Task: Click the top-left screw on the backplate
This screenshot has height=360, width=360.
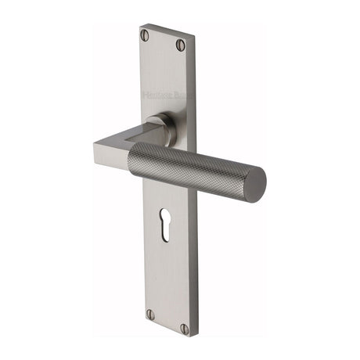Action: pyautogui.click(x=144, y=34)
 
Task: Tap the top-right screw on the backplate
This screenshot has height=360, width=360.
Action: pyautogui.click(x=181, y=45)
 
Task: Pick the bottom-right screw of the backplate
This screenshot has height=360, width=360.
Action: pyautogui.click(x=185, y=329)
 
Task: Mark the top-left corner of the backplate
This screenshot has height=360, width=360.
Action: pyautogui.click(x=139, y=24)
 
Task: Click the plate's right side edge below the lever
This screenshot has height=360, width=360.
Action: pyautogui.click(x=193, y=258)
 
